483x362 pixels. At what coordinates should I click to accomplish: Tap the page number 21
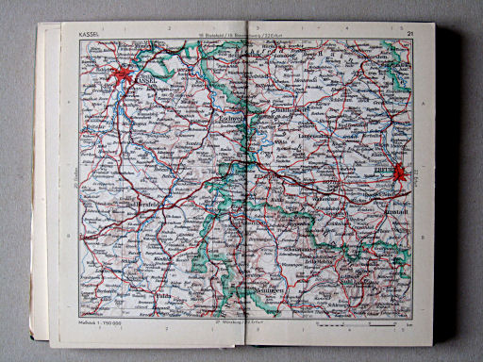(410, 35)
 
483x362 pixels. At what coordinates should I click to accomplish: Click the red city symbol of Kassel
(123, 74)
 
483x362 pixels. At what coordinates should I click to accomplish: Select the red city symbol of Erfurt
(400, 173)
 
